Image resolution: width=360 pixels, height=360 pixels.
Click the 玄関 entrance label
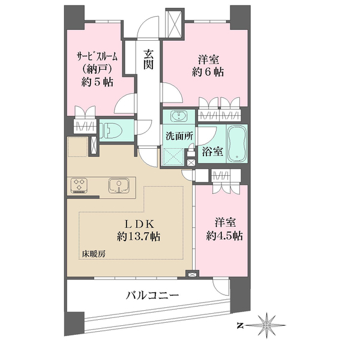(149, 59)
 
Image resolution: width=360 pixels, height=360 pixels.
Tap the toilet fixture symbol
(111, 130)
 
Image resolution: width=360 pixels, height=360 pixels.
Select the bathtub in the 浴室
(237, 143)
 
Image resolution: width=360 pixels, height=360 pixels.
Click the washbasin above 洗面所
(179, 115)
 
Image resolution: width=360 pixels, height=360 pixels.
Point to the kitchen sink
(118, 185)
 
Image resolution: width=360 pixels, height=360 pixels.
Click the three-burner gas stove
(79, 185)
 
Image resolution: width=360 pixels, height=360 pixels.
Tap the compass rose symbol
(266, 325)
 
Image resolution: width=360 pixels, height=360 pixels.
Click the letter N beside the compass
(240, 325)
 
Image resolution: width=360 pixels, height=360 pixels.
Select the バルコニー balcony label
(152, 295)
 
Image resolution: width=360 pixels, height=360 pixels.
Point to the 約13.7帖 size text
(139, 236)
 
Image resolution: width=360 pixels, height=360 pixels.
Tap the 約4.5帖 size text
(224, 236)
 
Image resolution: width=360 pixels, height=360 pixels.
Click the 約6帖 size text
(208, 72)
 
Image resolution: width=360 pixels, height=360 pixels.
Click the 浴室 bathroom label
(212, 151)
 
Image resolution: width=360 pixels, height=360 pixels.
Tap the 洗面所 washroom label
(179, 136)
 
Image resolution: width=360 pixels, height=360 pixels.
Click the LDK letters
(139, 224)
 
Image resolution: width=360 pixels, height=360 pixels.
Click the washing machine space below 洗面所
(173, 157)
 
